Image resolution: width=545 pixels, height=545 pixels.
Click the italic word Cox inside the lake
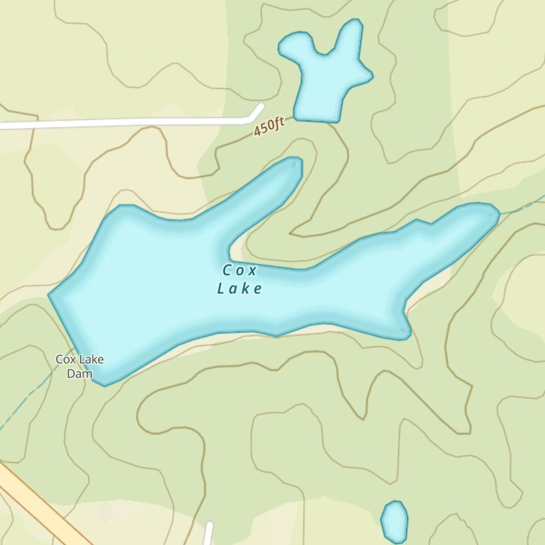(239, 270)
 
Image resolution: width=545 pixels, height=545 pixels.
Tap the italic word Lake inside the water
(239, 288)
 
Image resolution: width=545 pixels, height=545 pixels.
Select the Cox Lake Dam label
(80, 366)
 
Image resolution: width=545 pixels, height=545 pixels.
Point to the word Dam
(80, 374)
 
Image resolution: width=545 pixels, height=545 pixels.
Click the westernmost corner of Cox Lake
(51, 295)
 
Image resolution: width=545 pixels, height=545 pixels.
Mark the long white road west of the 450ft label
(125, 123)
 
